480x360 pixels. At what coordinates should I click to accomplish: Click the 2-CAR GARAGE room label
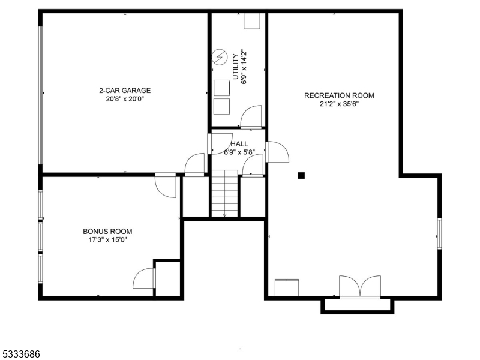[125, 91]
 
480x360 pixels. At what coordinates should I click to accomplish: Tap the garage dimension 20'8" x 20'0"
[125, 99]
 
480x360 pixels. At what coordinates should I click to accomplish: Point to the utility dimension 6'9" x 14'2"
[244, 67]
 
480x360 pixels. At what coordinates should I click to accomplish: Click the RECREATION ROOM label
[339, 95]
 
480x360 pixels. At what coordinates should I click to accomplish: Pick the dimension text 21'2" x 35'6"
[339, 104]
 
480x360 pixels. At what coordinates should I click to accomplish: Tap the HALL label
[239, 144]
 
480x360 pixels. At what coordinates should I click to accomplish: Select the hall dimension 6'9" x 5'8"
[239, 152]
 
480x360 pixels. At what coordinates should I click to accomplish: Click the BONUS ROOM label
[107, 231]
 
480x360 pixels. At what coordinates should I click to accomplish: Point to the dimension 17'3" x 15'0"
[107, 239]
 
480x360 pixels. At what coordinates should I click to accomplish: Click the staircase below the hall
[224, 193]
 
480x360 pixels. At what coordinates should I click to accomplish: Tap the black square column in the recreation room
[301, 175]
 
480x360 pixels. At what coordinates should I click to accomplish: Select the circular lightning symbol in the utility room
[219, 58]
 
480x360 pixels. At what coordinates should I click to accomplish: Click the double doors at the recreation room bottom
[359, 287]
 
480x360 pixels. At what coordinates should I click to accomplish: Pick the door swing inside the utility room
[251, 116]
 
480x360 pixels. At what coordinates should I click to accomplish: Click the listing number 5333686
[20, 355]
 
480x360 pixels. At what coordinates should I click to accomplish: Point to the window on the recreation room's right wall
[439, 233]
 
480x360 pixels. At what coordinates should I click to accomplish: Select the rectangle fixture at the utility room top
[252, 20]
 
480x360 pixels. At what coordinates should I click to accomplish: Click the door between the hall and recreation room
[277, 152]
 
